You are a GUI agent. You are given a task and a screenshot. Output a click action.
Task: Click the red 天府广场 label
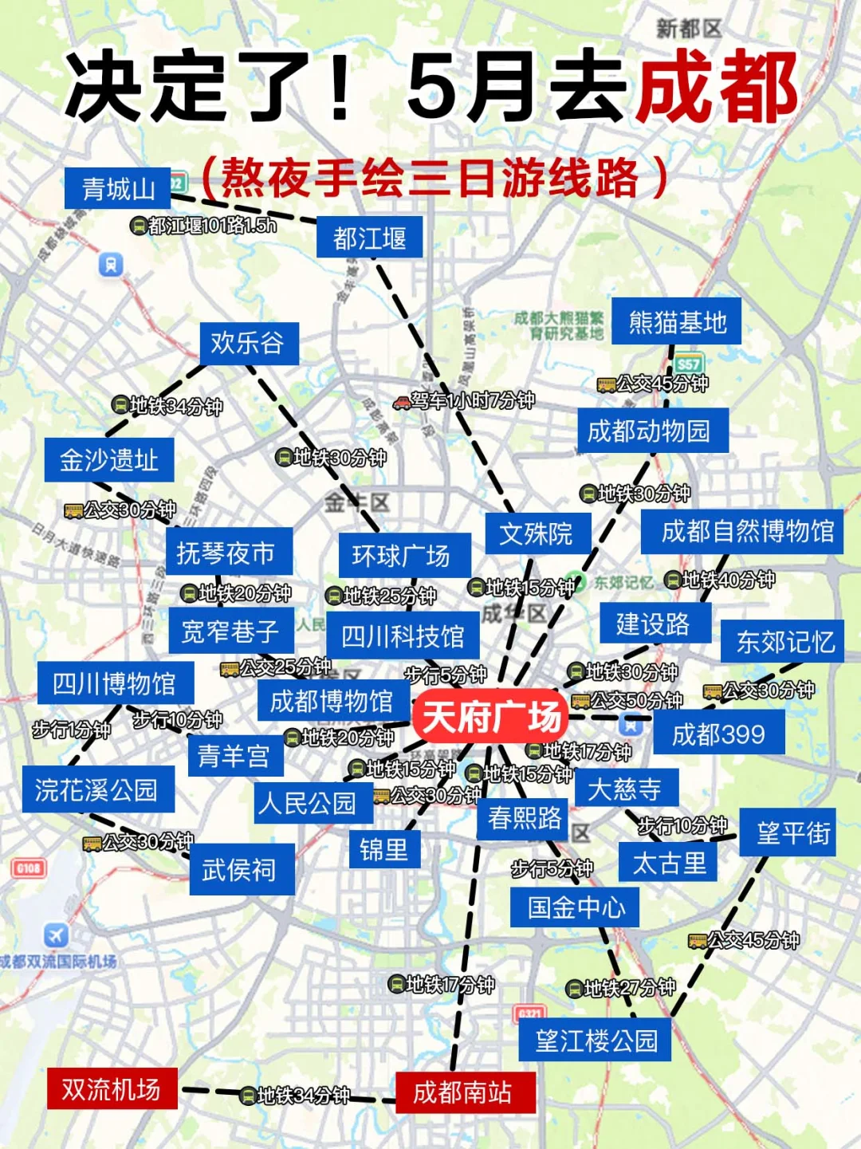click(489, 717)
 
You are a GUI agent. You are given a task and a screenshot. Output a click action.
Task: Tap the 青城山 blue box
click(118, 189)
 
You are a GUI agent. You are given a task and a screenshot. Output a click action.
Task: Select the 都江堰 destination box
click(369, 238)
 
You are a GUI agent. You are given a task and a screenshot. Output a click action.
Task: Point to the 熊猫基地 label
click(677, 322)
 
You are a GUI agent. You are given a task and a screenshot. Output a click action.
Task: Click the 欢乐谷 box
click(248, 344)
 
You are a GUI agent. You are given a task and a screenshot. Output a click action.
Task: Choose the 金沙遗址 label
click(109, 460)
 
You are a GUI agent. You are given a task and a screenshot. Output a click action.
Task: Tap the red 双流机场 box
click(112, 1089)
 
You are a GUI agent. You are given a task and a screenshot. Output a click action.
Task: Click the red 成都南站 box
click(463, 1092)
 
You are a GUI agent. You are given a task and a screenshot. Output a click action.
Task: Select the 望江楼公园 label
click(596, 1040)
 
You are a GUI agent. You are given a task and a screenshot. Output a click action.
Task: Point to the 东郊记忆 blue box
click(784, 641)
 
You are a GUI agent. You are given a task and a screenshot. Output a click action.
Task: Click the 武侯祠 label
click(239, 869)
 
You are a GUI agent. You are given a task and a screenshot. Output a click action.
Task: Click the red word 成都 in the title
click(717, 88)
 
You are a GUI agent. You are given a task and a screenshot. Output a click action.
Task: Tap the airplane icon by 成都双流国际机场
click(56, 935)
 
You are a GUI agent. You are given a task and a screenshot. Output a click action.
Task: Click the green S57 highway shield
click(689, 364)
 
